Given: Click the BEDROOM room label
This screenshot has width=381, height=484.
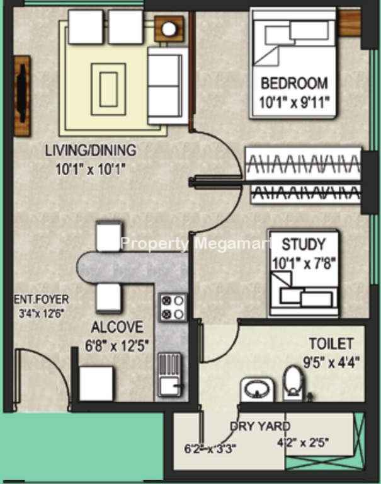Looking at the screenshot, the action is point(294,83).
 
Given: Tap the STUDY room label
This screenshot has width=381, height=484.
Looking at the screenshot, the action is point(304,245).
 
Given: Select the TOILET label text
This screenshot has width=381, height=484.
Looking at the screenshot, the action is point(331,344).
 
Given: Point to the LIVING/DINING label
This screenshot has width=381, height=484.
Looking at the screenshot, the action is point(91,151).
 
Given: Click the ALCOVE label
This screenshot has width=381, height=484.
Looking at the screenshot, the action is point(118,327).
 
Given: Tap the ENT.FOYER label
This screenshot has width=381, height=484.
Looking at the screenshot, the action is point(42,299).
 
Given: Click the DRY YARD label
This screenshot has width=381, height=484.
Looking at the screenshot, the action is point(260,426).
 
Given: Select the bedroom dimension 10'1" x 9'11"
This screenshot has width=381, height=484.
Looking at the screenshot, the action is point(294,103).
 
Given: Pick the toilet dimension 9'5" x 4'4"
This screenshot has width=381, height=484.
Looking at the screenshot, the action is point(331,362).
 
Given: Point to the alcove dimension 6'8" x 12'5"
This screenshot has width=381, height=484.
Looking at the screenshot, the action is point(117,346).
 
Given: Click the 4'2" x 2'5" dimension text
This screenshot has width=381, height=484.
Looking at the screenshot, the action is point(303,443).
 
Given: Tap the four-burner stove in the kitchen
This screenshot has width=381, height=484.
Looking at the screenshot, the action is point(173,307).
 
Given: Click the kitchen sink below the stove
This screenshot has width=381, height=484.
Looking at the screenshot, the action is point(170,374).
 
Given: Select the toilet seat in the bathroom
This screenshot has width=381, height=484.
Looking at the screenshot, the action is point(293,383).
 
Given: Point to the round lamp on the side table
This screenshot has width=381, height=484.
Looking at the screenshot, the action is point(169,29).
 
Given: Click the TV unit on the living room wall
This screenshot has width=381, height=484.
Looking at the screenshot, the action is point(22,96).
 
